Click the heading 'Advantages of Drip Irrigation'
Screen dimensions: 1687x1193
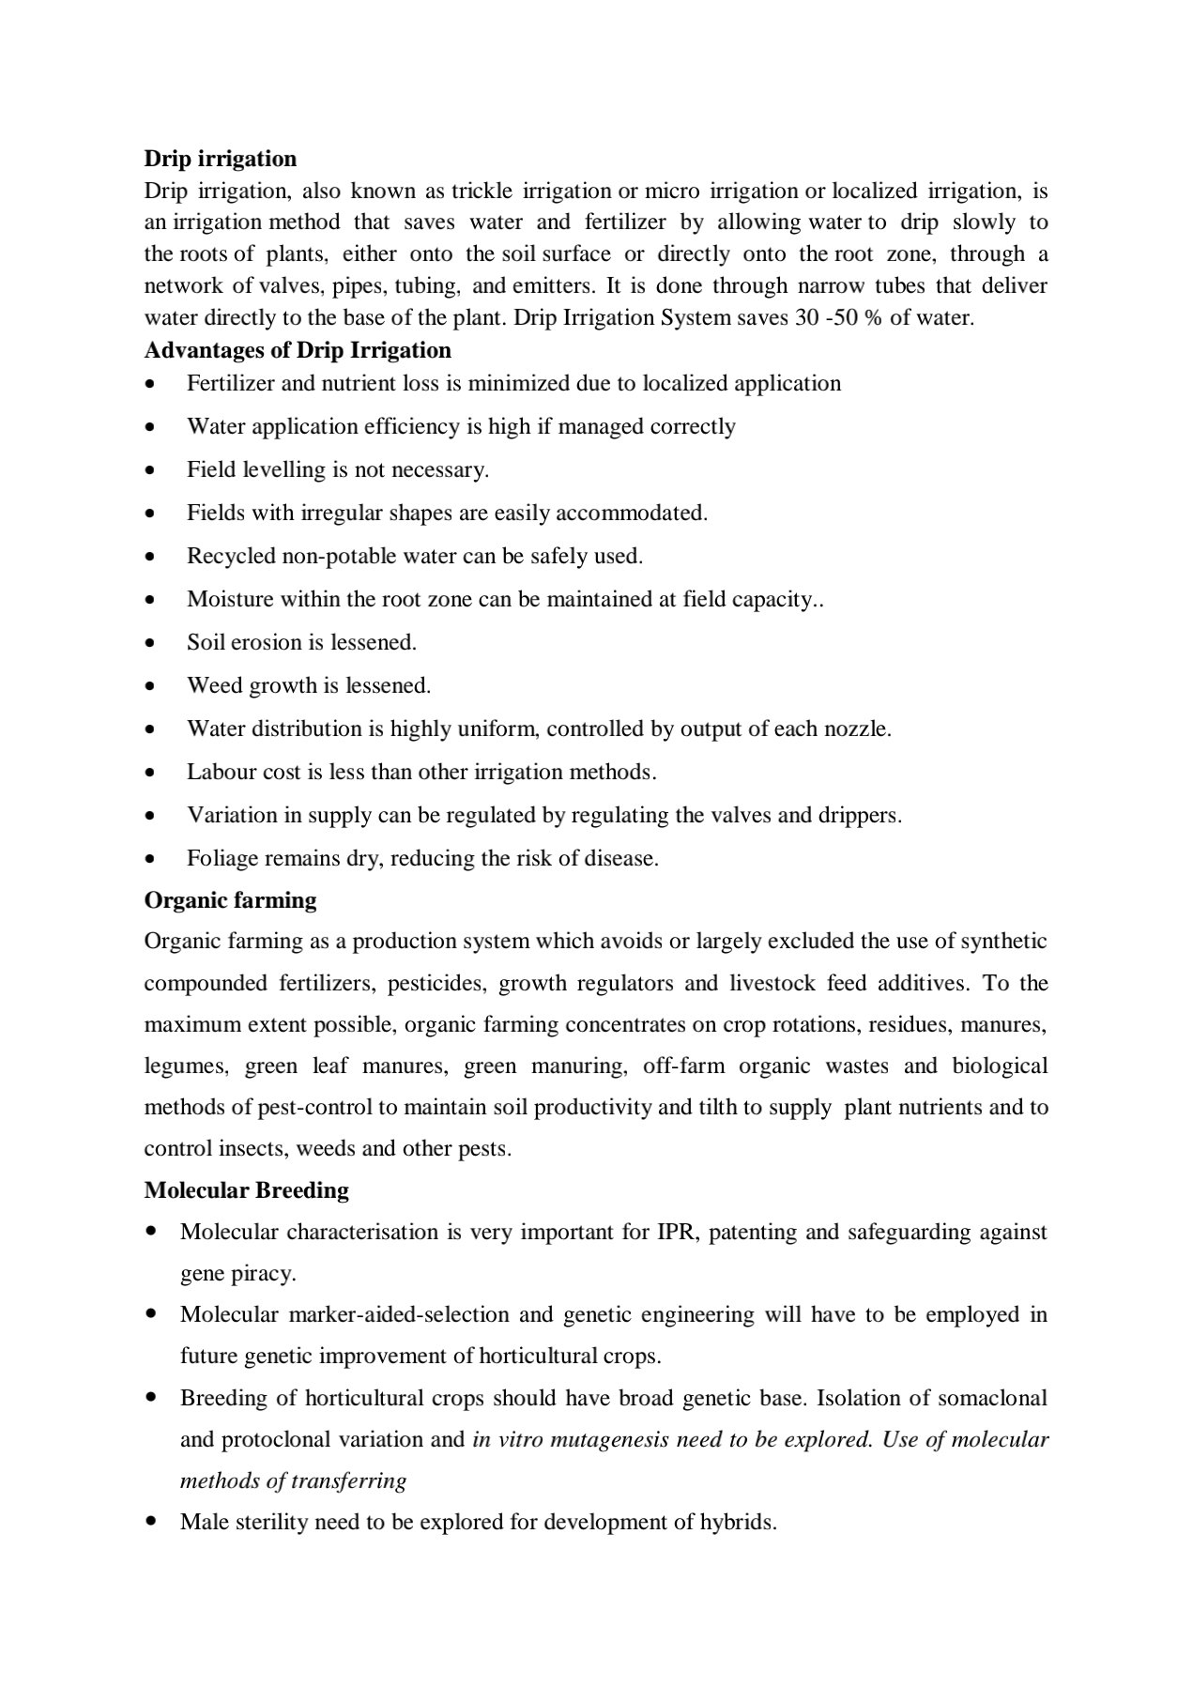coord(297,350)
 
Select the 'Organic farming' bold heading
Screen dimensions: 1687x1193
coord(230,900)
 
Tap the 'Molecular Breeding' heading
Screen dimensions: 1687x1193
coord(246,1190)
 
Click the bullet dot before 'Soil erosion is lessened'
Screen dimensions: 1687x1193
coord(151,643)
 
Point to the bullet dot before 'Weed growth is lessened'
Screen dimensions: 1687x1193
coord(151,686)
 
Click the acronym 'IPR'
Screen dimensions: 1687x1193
coord(674,1232)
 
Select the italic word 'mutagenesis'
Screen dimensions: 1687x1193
coord(596,1439)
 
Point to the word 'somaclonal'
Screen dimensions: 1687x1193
coord(994,1398)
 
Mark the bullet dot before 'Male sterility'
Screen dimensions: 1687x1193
coord(151,1521)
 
